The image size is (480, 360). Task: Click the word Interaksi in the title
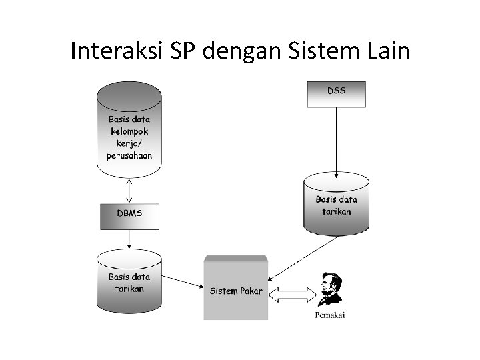click(116, 51)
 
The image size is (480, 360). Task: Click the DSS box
click(336, 94)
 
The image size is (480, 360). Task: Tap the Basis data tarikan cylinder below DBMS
click(129, 282)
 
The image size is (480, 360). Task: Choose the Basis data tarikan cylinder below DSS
click(336, 205)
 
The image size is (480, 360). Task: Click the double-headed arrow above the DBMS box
click(129, 191)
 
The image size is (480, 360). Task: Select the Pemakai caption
click(330, 315)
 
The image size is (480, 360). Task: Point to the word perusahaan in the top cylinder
click(129, 155)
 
